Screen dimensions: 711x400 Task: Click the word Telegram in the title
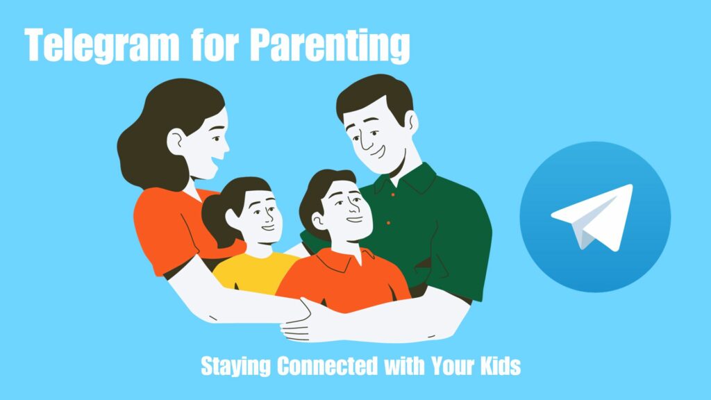tap(102, 45)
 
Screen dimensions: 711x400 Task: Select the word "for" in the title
tap(215, 44)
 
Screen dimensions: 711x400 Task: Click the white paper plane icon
tap(592, 217)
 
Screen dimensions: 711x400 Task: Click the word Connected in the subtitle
tap(327, 365)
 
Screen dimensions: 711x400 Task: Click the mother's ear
tap(176, 142)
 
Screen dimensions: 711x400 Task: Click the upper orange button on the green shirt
tap(393, 194)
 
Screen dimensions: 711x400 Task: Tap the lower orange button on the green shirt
tap(389, 223)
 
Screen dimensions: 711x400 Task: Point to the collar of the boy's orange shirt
tap(344, 260)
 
